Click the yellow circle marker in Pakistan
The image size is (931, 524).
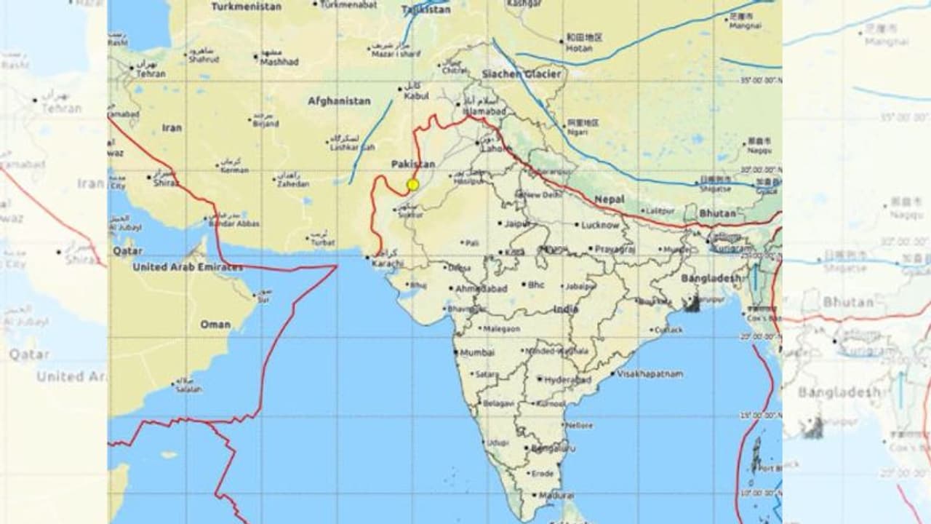tap(413, 185)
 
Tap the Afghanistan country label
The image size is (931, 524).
tap(339, 101)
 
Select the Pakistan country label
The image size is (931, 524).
tap(412, 164)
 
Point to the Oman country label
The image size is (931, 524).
tap(215, 325)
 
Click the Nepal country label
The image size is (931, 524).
tap(610, 199)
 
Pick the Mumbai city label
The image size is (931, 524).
tap(476, 352)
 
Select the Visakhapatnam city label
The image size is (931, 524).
tap(650, 373)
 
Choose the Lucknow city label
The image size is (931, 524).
tap(600, 226)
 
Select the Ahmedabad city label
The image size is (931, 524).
tap(481, 289)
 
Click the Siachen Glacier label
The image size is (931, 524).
tap(522, 74)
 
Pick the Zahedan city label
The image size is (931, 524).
tap(294, 185)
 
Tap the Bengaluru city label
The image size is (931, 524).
tap(549, 448)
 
